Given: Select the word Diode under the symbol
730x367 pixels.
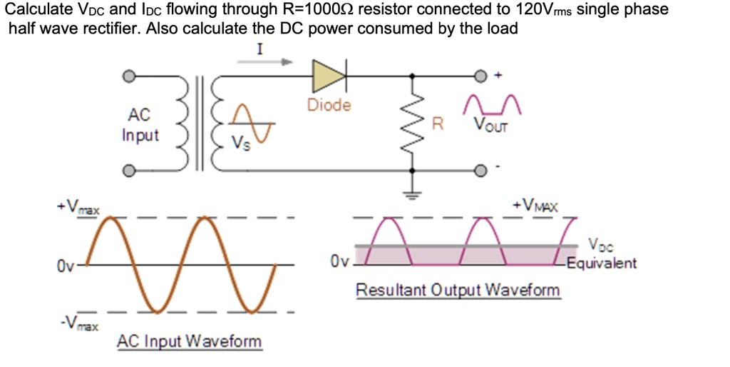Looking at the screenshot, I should click(329, 105).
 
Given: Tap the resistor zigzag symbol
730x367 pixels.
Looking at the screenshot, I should click(412, 123).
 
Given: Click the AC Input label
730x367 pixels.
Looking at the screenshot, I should click(140, 124).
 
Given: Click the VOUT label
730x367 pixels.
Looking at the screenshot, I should click(492, 126).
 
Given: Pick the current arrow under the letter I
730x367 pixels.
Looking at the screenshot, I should click(264, 62).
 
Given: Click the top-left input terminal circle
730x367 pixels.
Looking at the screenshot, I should click(128, 75).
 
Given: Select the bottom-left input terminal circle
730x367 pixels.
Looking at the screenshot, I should click(128, 171).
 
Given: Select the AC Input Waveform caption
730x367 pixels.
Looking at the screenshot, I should click(189, 341).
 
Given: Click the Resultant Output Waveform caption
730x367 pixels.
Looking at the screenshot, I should click(458, 291).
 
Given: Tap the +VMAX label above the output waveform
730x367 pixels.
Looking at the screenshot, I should click(535, 206).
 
